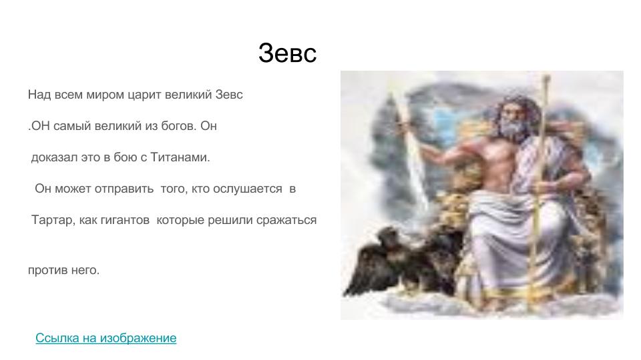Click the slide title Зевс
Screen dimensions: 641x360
[x=287, y=53]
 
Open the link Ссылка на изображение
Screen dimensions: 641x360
[x=106, y=338]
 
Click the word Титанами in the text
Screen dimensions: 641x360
[x=180, y=157]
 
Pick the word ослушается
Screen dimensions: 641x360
[x=248, y=189]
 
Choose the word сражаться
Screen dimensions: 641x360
[x=286, y=221]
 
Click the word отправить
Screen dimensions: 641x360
[x=124, y=189]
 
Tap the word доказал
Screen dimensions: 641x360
[x=54, y=157]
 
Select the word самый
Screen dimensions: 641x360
[x=72, y=126]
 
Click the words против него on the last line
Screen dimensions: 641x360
[x=64, y=270]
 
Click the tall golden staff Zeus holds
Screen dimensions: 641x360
[x=539, y=188]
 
